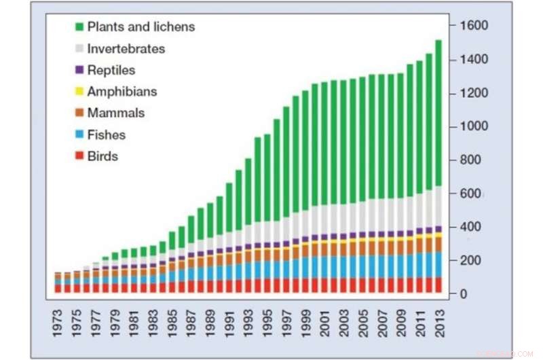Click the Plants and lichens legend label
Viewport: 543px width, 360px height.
point(141,27)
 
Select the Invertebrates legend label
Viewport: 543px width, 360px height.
point(126,49)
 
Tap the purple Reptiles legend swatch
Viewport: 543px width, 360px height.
point(79,70)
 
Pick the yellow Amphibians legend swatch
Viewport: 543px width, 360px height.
point(79,92)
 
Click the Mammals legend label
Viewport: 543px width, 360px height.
point(115,113)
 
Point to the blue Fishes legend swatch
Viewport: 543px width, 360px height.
point(79,135)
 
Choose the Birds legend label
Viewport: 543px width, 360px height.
point(102,156)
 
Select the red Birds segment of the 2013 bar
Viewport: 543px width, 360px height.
point(438,285)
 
